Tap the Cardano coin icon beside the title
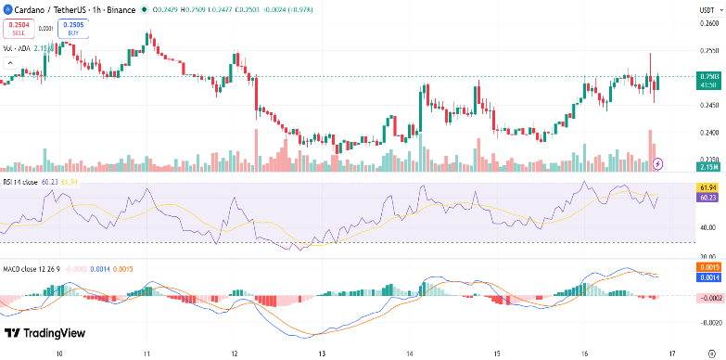[x=6, y=9]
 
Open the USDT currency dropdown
[x=707, y=9]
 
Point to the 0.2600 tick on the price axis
[x=707, y=23]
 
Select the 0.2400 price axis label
[x=707, y=133]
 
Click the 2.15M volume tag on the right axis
[x=707, y=166]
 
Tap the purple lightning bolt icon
[x=658, y=163]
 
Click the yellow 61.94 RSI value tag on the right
[x=707, y=187]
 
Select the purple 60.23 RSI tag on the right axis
[x=707, y=197]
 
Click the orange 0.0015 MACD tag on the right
[x=707, y=267]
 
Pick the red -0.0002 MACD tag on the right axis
[x=707, y=297]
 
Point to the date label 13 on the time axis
[x=321, y=354]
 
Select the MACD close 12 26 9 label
[x=30, y=269]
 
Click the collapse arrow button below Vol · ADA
[x=10, y=63]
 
